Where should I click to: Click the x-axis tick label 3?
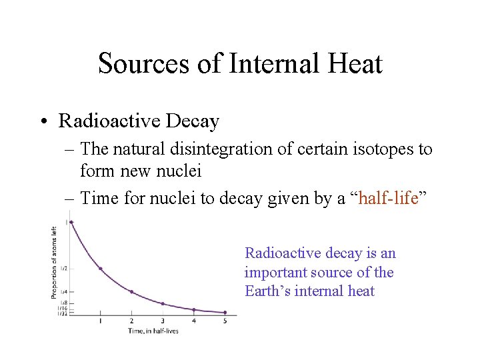[x=163, y=321]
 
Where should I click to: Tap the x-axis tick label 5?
[x=225, y=321]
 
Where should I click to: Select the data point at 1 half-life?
[x=101, y=269]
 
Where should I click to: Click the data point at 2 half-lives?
[x=131, y=291]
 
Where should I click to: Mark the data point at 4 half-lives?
[x=194, y=309]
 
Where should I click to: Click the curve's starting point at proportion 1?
[x=71, y=222]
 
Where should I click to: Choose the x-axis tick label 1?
[x=101, y=321]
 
